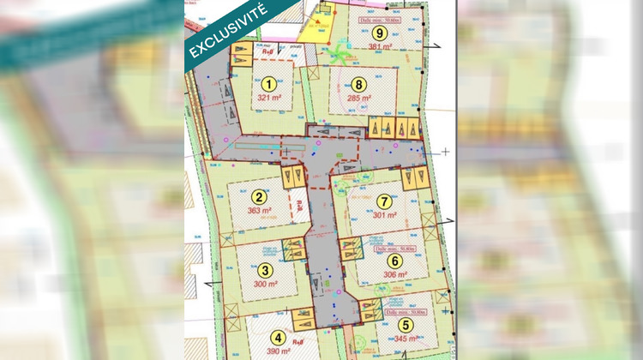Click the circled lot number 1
(269, 84)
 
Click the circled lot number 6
(394, 261)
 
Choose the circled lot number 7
(383, 201)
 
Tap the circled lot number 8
(359, 84)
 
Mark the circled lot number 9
(368, 32)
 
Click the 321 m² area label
(269, 99)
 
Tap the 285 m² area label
(359, 99)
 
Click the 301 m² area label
(385, 215)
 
